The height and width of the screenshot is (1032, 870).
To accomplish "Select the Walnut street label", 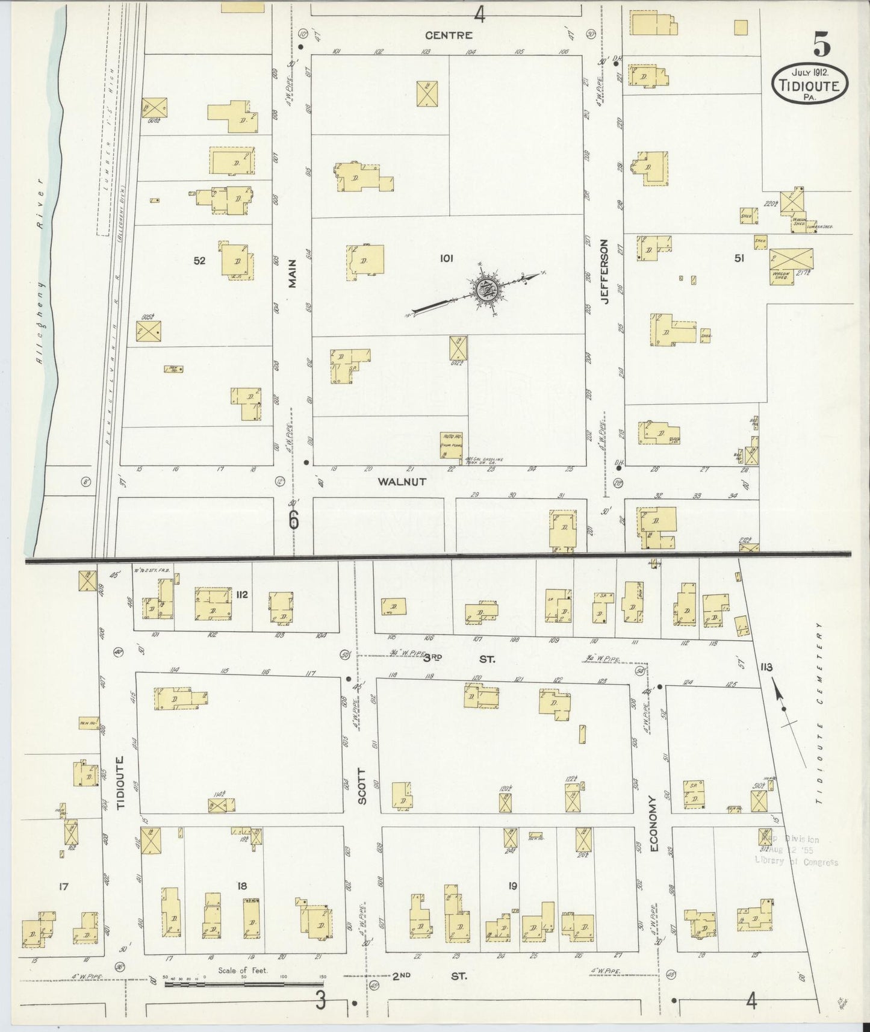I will [x=402, y=482].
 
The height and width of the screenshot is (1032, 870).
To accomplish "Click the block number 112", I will [x=242, y=595].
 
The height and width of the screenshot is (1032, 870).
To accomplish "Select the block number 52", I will [x=199, y=261].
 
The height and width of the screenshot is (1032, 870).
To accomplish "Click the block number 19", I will [x=512, y=886].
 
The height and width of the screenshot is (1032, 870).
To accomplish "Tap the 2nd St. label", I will [x=429, y=975].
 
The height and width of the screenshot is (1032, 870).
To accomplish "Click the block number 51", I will [x=739, y=258].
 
